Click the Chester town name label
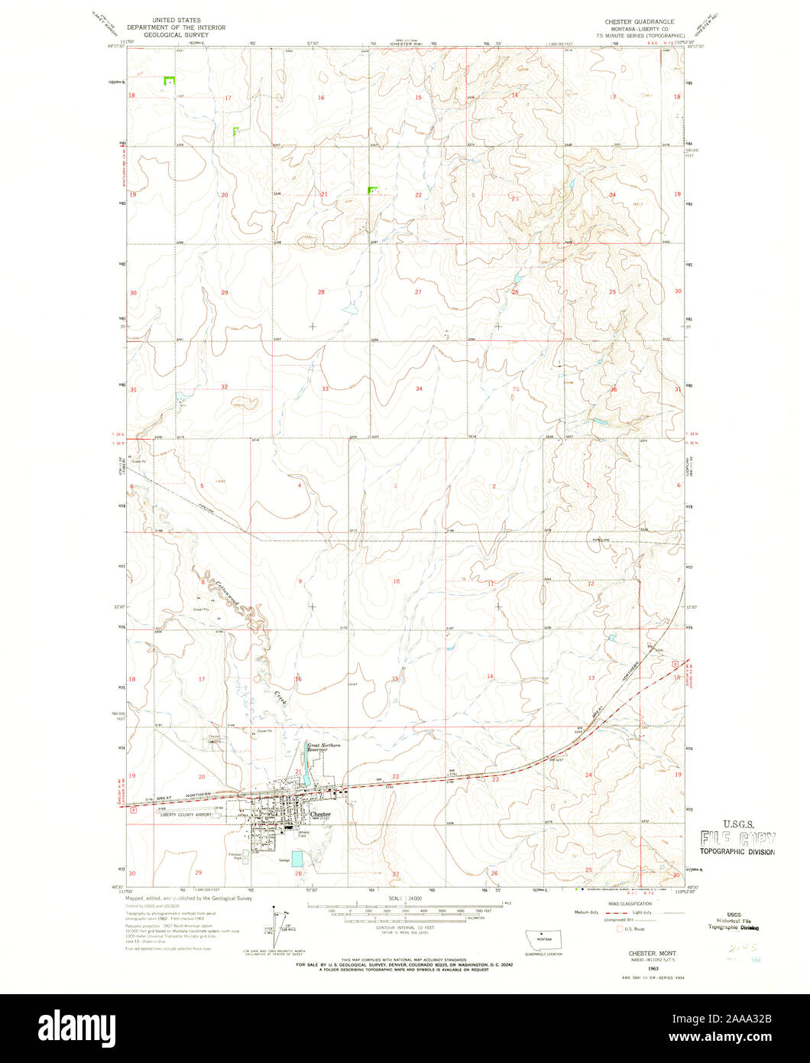(x=321, y=815)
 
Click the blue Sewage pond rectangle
(x=297, y=859)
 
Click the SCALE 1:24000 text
(x=404, y=898)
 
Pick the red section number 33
(x=325, y=388)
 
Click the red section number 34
(x=419, y=388)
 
